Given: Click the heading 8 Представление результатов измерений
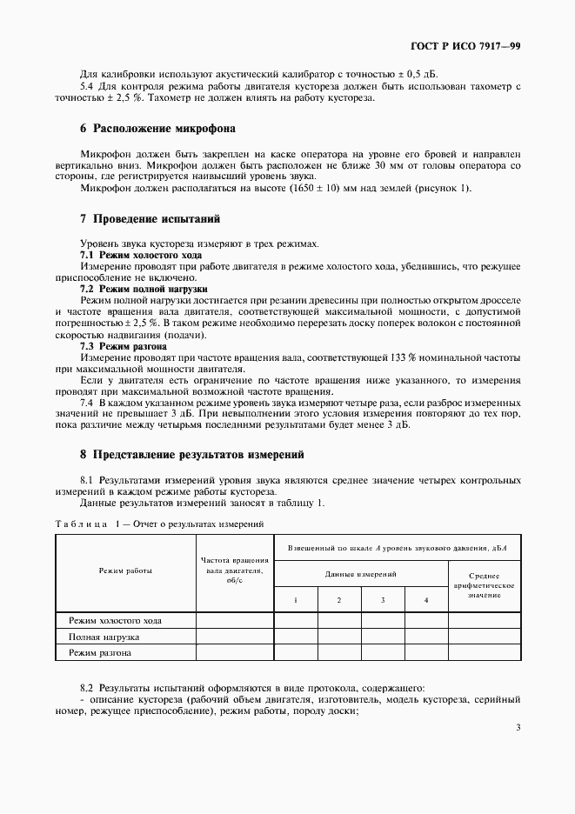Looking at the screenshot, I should tap(192, 454).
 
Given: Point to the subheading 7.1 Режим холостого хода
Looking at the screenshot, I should tap(141, 255).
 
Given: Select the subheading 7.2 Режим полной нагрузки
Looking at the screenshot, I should tap(144, 287).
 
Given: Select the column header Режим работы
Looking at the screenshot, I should tap(126, 571).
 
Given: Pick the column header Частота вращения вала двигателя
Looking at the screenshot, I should tap(235, 571).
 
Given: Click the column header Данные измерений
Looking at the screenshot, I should tap(361, 574).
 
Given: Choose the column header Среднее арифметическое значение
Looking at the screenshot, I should tap(484, 585).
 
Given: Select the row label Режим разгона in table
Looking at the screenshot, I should tap(100, 651).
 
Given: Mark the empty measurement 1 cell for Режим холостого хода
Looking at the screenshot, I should tap(296, 620).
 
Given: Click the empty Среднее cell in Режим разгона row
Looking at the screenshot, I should tap(484, 651).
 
